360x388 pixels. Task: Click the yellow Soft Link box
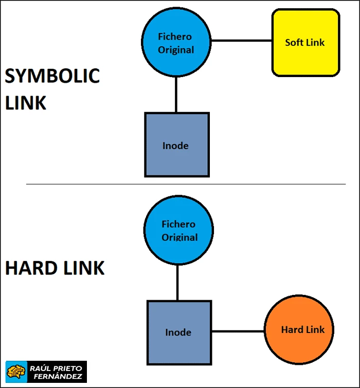tap(305, 58)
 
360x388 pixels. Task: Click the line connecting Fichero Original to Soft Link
tap(241, 41)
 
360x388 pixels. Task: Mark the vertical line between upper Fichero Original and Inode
tap(176, 95)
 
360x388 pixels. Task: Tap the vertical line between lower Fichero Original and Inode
tap(178, 283)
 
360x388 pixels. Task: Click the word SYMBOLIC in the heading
tap(52, 76)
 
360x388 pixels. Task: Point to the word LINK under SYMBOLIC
tap(26, 102)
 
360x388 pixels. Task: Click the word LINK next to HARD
tap(83, 268)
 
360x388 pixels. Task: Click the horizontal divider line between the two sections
tap(185, 184)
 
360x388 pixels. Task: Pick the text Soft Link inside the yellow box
tap(305, 43)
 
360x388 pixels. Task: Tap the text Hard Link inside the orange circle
tap(302, 330)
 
